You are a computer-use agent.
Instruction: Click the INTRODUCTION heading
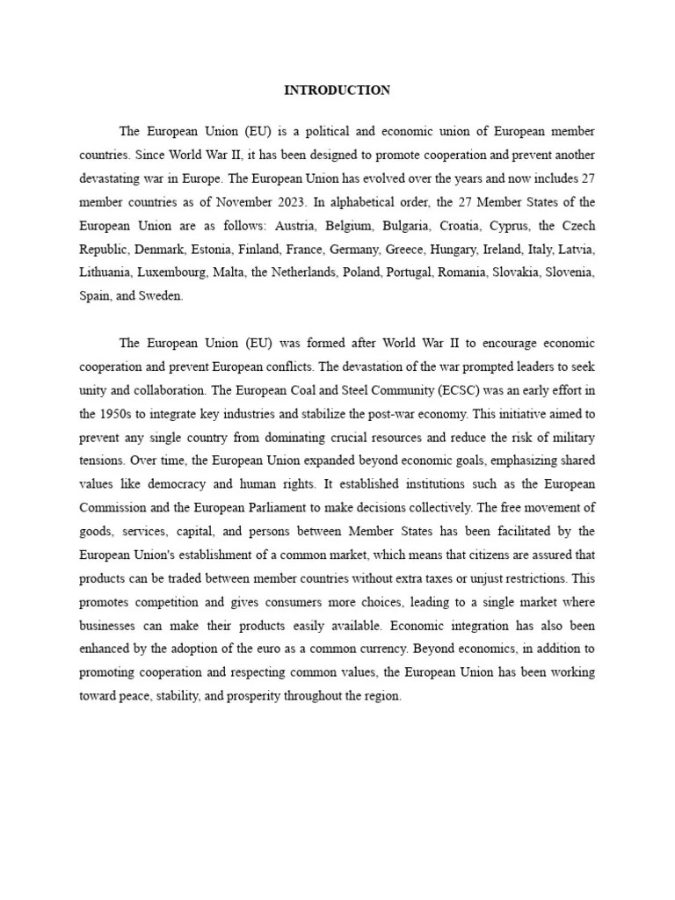tap(337, 91)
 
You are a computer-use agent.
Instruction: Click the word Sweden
tap(161, 296)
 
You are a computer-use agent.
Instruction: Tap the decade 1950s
tap(131, 412)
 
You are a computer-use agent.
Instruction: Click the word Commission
tap(114, 507)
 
